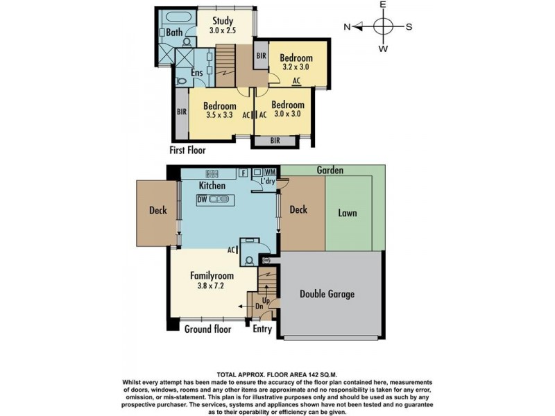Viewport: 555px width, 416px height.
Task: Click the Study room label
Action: tap(223, 21)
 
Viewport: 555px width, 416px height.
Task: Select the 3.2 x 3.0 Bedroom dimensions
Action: tap(296, 67)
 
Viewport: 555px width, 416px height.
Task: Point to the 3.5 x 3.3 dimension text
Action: tap(219, 114)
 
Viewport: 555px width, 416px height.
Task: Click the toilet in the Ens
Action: tap(181, 81)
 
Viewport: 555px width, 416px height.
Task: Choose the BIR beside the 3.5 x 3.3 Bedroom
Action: tap(182, 112)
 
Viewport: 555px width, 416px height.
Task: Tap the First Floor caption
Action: tap(187, 150)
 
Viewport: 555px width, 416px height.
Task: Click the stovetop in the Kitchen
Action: tap(212, 173)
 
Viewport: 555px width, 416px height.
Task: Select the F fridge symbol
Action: tap(244, 173)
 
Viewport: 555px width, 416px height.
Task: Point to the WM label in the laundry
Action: tap(270, 172)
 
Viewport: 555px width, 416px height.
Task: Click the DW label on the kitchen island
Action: tap(202, 200)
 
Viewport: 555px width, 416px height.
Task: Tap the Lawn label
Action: tap(348, 213)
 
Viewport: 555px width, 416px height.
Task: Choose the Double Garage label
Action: tap(327, 294)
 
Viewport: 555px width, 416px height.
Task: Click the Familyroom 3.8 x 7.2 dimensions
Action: tap(211, 286)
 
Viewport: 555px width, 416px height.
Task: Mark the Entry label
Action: tap(262, 329)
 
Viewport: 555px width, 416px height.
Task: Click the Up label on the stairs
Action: tap(266, 301)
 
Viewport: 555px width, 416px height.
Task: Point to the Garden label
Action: tap(330, 170)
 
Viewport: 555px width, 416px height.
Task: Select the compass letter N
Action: tap(347, 27)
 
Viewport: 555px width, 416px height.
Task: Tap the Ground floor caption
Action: tap(207, 329)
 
